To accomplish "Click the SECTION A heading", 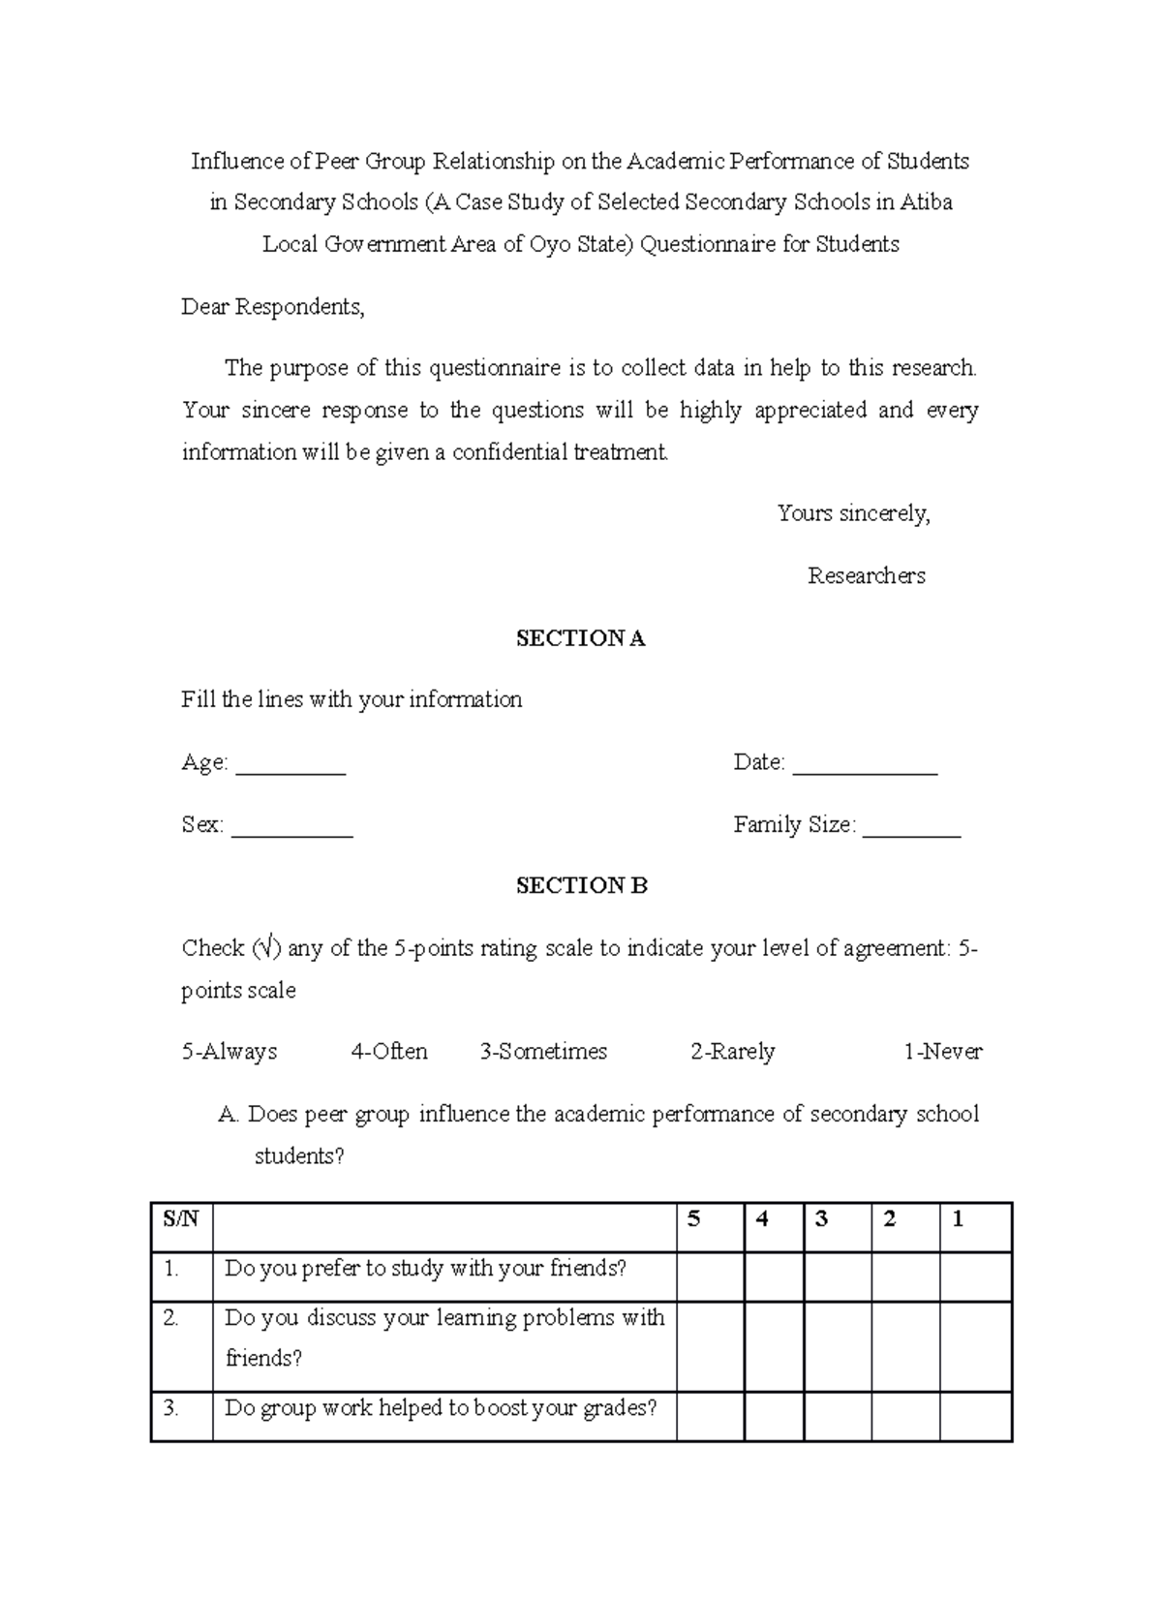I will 580,638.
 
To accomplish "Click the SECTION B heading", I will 581,885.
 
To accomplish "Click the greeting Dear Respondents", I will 273,307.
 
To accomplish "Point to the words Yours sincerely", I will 853,513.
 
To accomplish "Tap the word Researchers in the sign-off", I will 867,576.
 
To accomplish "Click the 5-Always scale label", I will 229,1052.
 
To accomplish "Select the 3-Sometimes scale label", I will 543,1052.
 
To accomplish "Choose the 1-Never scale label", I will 942,1052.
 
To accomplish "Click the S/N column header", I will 181,1220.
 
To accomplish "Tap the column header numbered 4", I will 762,1220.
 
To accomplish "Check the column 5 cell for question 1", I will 710,1277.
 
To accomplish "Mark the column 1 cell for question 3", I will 975,1417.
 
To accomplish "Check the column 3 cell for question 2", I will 837,1346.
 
